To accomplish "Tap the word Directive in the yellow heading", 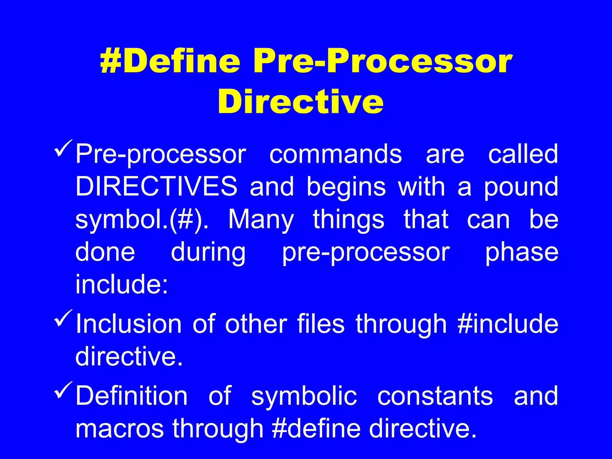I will point(300,102).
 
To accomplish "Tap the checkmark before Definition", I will point(63,390).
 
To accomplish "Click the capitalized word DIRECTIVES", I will point(156,186).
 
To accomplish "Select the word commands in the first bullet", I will point(336,154).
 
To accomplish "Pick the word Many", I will point(261,220).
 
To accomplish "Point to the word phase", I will point(521,252).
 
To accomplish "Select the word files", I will point(321,324).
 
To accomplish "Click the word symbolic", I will point(304,396).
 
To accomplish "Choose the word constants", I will point(435,396).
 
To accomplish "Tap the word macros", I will point(120,429).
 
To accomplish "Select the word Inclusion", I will point(128,324).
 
